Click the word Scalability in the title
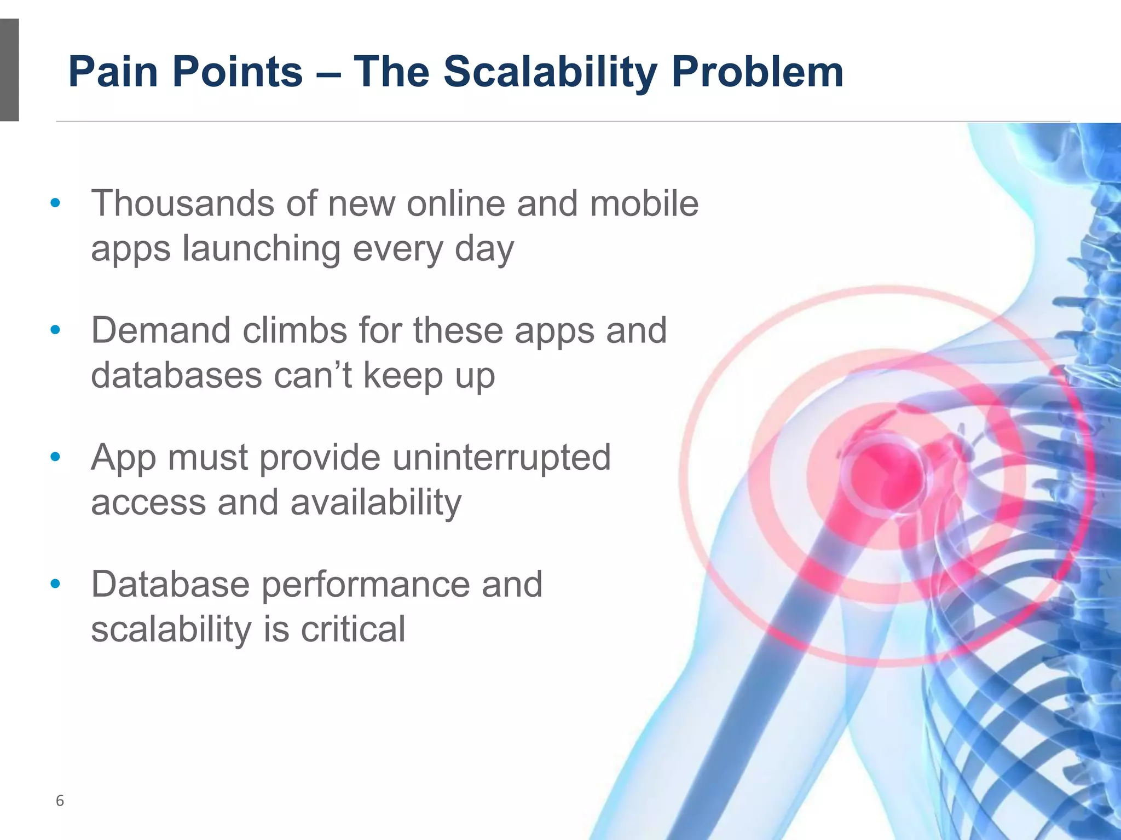[550, 72]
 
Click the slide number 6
[60, 801]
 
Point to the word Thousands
[182, 203]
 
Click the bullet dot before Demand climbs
[55, 330]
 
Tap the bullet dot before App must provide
[55, 457]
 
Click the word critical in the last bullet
[353, 629]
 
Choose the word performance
[365, 584]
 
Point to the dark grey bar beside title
[9, 69]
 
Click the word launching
[261, 248]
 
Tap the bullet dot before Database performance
[55, 584]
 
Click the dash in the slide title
[328, 73]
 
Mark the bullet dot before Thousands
[55, 203]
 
